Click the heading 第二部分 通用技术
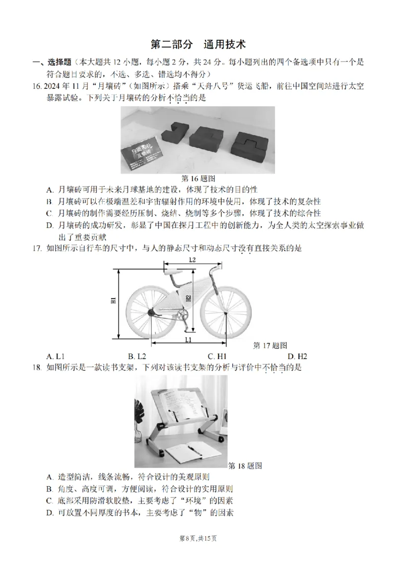tap(198, 44)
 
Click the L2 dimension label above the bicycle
tap(192, 260)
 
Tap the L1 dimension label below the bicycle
tap(189, 339)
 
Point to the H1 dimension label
tap(113, 300)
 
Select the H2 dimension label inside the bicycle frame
tap(188, 298)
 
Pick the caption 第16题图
tap(198, 178)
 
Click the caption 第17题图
tap(270, 345)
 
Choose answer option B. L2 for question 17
tap(136, 356)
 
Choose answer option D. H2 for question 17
tap(297, 356)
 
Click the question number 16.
tap(36, 87)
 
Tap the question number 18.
tap(37, 367)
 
